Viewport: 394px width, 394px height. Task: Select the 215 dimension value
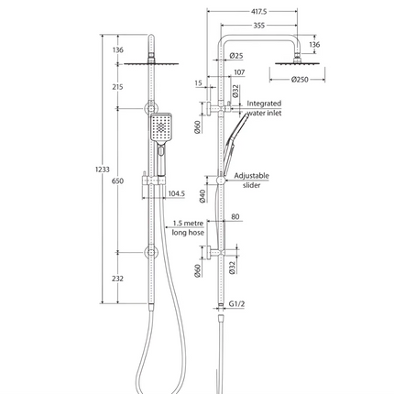pos(117,87)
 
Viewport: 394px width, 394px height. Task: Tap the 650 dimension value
pos(117,182)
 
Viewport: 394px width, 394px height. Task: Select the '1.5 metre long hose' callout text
pos(181,228)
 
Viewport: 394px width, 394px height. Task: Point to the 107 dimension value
pos(239,72)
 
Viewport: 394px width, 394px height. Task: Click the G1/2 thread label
pos(240,304)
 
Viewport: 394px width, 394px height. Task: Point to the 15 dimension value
pos(198,83)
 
